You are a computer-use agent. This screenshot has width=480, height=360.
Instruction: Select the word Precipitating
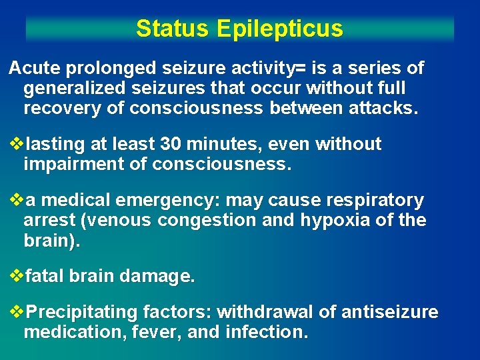point(83,312)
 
